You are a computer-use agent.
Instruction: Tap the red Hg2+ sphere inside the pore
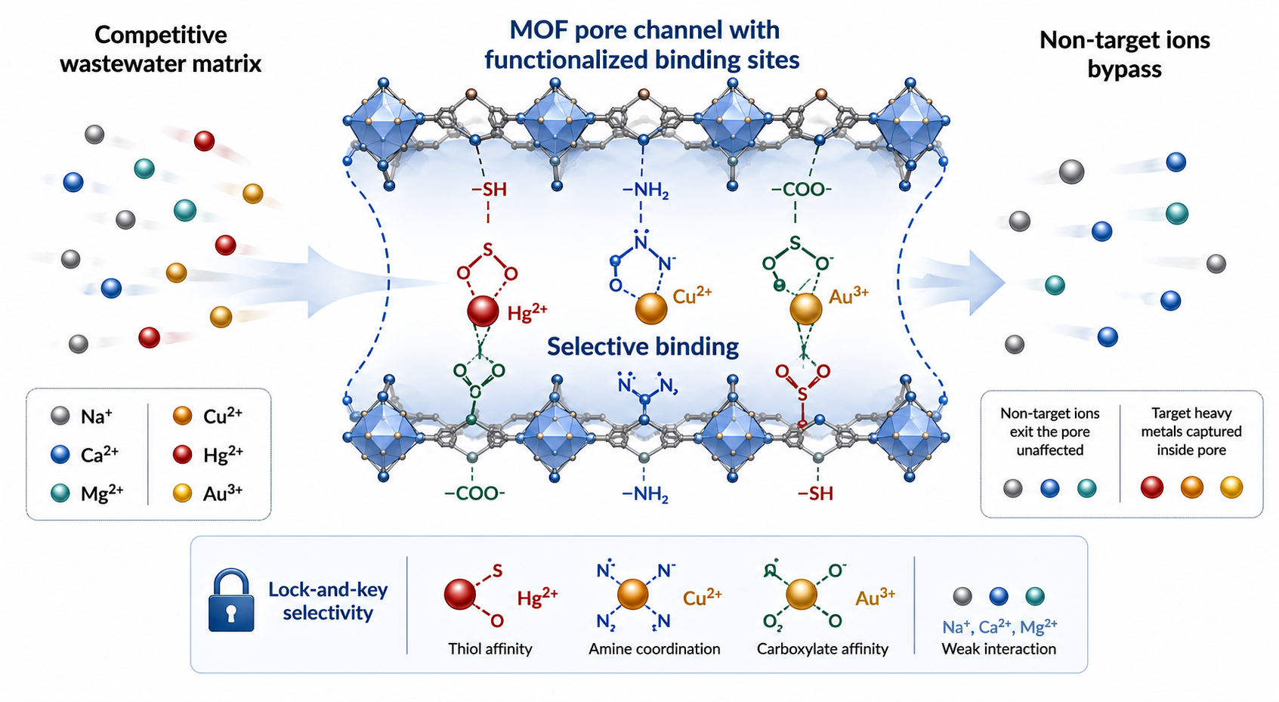pos(483,311)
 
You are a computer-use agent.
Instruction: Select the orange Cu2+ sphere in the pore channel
pos(650,308)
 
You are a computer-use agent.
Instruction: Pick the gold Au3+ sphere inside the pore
pos(805,308)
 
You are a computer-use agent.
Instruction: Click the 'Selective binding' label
pos(643,347)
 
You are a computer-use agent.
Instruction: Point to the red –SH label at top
pos(489,190)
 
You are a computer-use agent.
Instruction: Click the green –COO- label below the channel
pos(474,493)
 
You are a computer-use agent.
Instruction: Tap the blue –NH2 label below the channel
pos(645,494)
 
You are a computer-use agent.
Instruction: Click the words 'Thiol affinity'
pos(490,648)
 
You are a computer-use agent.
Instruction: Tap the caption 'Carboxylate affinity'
pos(822,648)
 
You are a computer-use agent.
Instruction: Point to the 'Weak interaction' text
pos(998,648)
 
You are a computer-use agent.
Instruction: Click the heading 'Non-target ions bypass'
pos(1124,54)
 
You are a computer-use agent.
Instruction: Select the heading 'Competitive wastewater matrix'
pos(161,49)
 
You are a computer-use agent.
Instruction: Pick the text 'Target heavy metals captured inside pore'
pos(1191,431)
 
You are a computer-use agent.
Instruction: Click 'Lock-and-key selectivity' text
pos(328,601)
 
